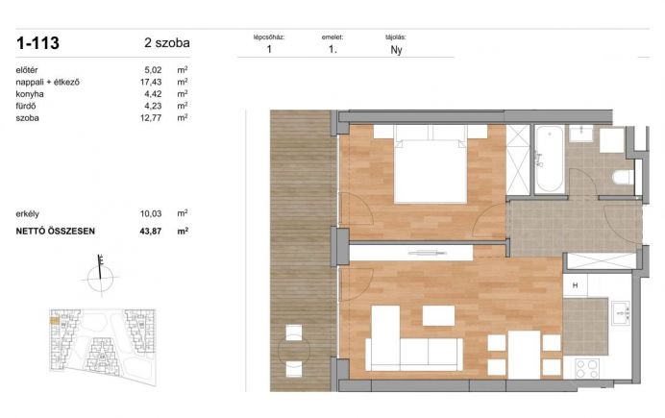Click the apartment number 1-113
coord(37,43)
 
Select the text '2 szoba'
coord(167,43)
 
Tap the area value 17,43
coord(151,82)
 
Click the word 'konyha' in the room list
coord(30,94)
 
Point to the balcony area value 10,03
coord(151,213)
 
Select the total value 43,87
coord(151,232)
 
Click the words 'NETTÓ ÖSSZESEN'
coord(56,232)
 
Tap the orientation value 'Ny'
coord(396,50)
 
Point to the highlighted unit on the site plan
coord(54,321)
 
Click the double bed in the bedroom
coord(431,164)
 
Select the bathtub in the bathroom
coord(550,159)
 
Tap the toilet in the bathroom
coord(623,177)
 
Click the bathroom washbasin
coord(580,134)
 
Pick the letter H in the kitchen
coord(575,285)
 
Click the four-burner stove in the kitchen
coord(587,368)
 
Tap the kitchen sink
coord(621,313)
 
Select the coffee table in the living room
coord(438,316)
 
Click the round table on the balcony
coord(294,351)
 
